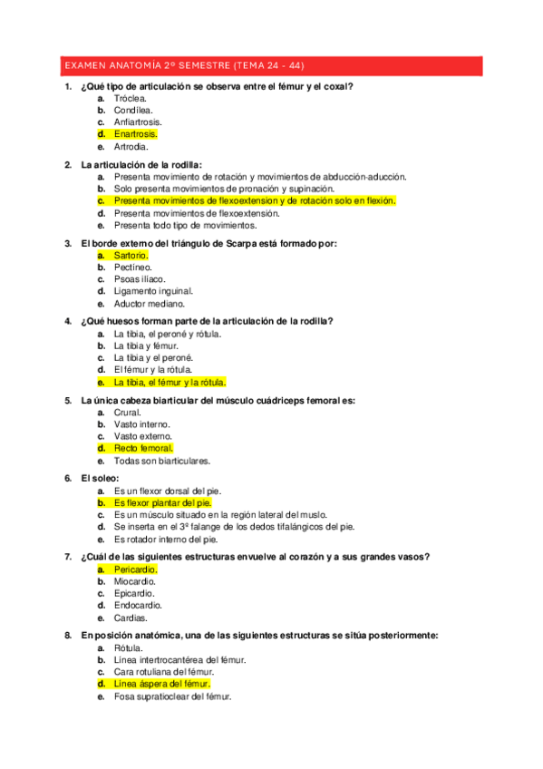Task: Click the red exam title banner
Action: point(271,66)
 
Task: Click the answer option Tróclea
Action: point(131,98)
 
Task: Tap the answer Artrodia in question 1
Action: point(131,145)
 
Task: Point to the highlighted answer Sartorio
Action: point(131,256)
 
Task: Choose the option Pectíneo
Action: point(132,268)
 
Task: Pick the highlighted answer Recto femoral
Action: point(143,448)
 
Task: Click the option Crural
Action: point(128,413)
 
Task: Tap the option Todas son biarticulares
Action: point(162,460)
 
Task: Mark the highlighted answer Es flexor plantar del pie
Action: point(162,502)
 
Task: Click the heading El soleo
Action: point(100,478)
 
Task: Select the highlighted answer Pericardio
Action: point(135,569)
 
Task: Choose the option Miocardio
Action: point(135,581)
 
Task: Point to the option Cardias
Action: point(131,617)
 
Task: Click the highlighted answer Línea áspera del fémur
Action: point(161,684)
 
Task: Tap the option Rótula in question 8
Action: point(128,648)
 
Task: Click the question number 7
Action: point(68,557)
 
